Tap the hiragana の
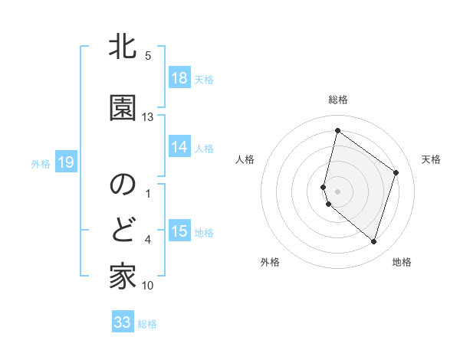click(x=123, y=185)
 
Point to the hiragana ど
click(x=123, y=230)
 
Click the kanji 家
click(x=123, y=276)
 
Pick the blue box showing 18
click(x=179, y=78)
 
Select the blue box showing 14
click(x=179, y=147)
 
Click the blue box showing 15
click(x=179, y=231)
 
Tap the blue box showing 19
click(x=65, y=162)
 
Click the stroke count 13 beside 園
click(x=148, y=117)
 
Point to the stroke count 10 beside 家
click(x=148, y=286)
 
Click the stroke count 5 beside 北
click(x=148, y=55)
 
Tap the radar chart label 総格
click(x=338, y=100)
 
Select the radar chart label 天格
click(x=431, y=159)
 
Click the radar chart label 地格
click(x=402, y=262)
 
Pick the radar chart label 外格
click(x=270, y=262)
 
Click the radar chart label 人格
click(x=245, y=159)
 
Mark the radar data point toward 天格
click(x=396, y=172)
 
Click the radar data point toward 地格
click(x=374, y=242)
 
